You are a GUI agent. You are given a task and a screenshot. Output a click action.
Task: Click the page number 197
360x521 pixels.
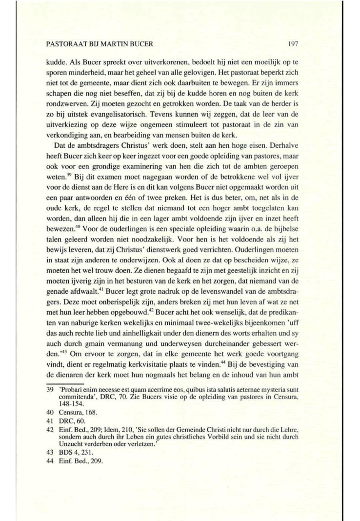coord(293,44)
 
